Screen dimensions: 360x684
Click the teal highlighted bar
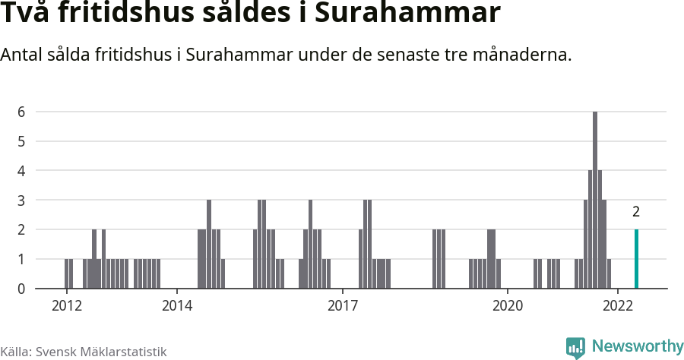click(x=636, y=259)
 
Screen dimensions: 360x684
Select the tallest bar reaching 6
click(x=595, y=201)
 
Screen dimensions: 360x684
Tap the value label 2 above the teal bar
click(x=636, y=212)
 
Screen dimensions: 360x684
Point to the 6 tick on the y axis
click(x=22, y=112)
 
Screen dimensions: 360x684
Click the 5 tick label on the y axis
click(x=22, y=141)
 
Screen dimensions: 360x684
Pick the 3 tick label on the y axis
click(x=22, y=201)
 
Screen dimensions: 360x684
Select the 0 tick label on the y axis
click(x=22, y=289)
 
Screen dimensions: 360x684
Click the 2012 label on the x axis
click(x=66, y=305)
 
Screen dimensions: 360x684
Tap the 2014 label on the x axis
click(x=176, y=305)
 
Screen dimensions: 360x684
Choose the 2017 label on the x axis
click(x=342, y=305)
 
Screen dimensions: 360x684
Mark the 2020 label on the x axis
click(x=508, y=305)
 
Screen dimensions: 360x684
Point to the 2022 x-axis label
click(x=618, y=305)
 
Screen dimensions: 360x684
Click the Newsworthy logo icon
click(x=575, y=347)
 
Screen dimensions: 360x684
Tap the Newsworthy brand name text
click(x=638, y=346)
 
